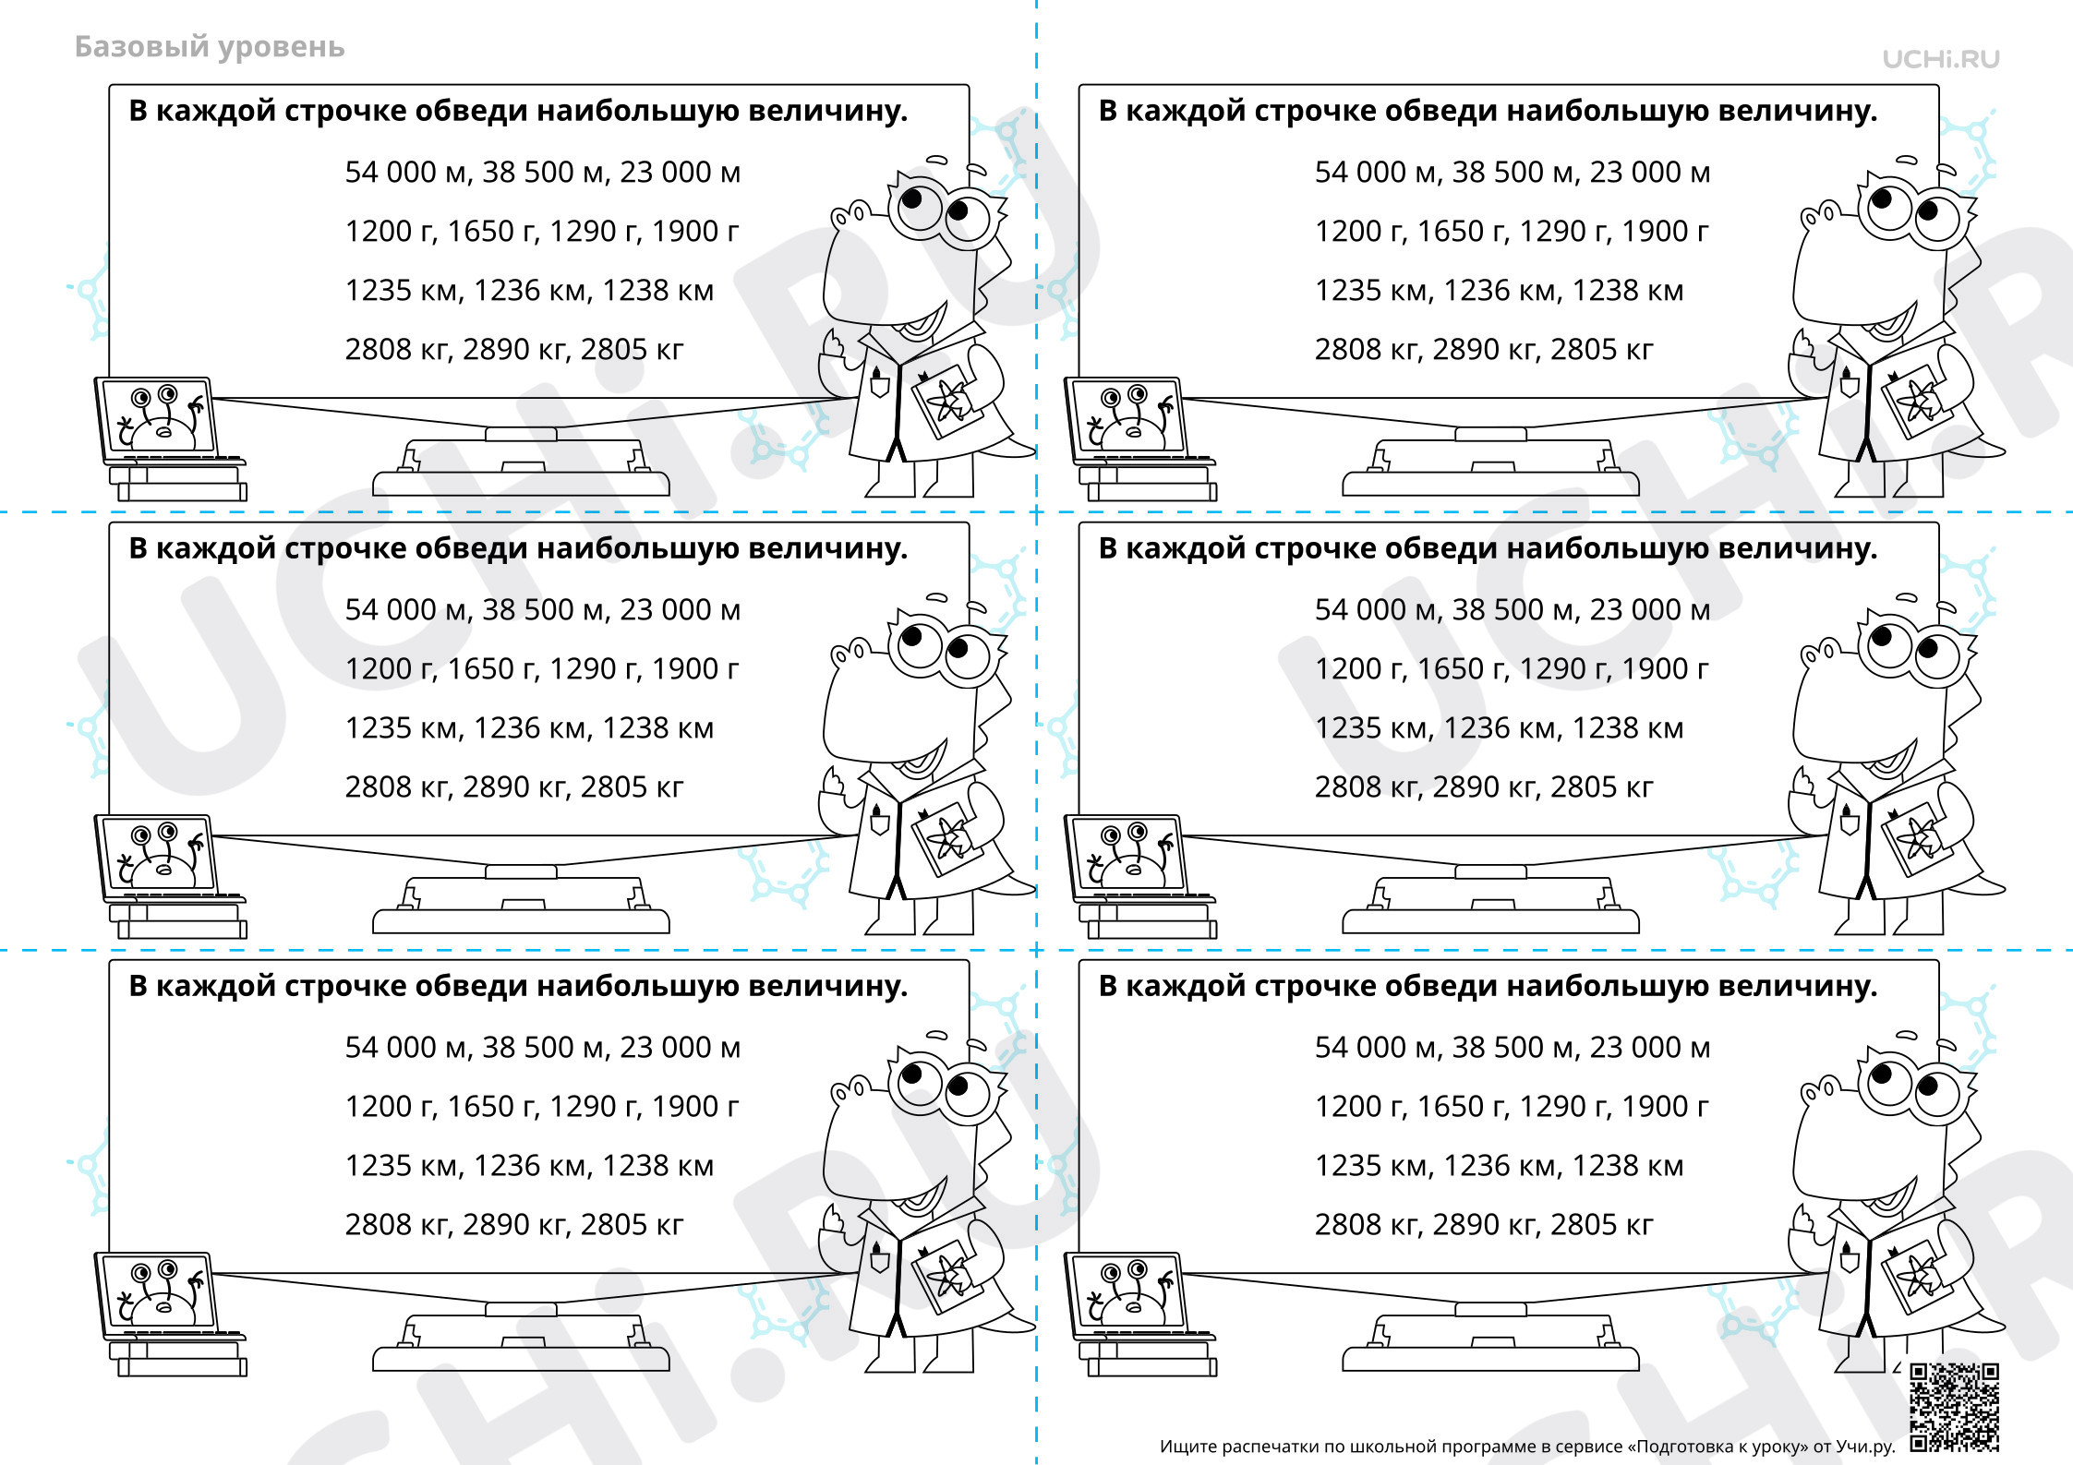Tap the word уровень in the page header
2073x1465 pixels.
[x=279, y=48]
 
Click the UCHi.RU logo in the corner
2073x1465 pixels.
[x=1941, y=59]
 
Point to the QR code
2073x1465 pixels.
[x=1955, y=1407]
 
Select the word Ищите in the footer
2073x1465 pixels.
[x=1187, y=1447]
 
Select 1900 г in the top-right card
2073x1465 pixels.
[x=1665, y=232]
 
